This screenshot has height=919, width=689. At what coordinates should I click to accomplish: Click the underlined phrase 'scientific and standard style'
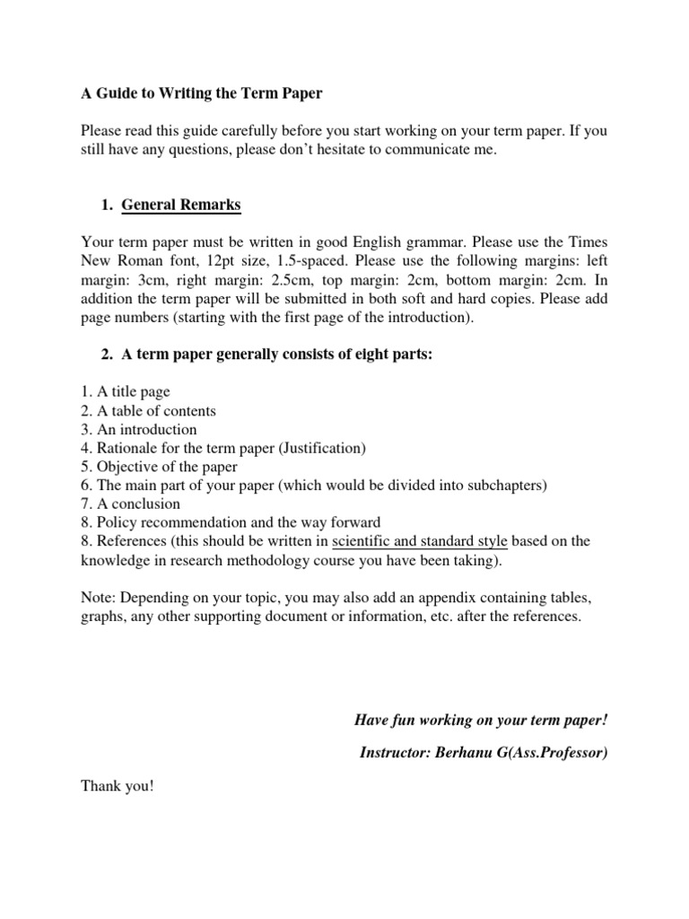pyautogui.click(x=420, y=541)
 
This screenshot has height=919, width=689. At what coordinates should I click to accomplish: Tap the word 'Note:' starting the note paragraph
pyautogui.click(x=98, y=597)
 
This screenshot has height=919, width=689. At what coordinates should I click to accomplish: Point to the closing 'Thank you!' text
pyautogui.click(x=118, y=786)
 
